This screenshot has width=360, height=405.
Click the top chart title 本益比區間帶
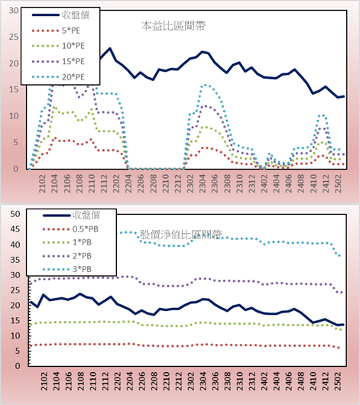tap(174, 26)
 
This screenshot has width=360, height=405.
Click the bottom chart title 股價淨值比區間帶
tap(181, 235)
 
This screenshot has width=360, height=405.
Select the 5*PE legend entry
tap(56, 31)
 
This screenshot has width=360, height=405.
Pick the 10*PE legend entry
tap(58, 46)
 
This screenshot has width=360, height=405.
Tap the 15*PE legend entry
tap(58, 61)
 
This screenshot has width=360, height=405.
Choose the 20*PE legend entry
tap(58, 77)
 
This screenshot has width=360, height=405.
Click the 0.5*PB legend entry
tap(70, 229)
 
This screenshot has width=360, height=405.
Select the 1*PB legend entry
tap(67, 242)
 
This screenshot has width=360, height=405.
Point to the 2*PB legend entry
tap(67, 256)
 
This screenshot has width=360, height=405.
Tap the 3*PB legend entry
tap(67, 269)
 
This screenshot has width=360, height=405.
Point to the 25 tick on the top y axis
tap(14, 37)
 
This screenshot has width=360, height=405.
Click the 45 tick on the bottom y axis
tap(15, 229)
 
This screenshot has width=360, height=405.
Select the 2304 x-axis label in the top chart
tap(203, 183)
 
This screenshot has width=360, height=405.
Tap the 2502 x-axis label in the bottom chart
tap(338, 381)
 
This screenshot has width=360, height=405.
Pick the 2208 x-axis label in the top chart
tap(154, 183)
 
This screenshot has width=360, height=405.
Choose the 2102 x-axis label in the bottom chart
tap(44, 381)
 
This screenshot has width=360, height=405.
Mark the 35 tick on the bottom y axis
tap(15, 260)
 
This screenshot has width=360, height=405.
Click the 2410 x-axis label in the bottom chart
tap(313, 381)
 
